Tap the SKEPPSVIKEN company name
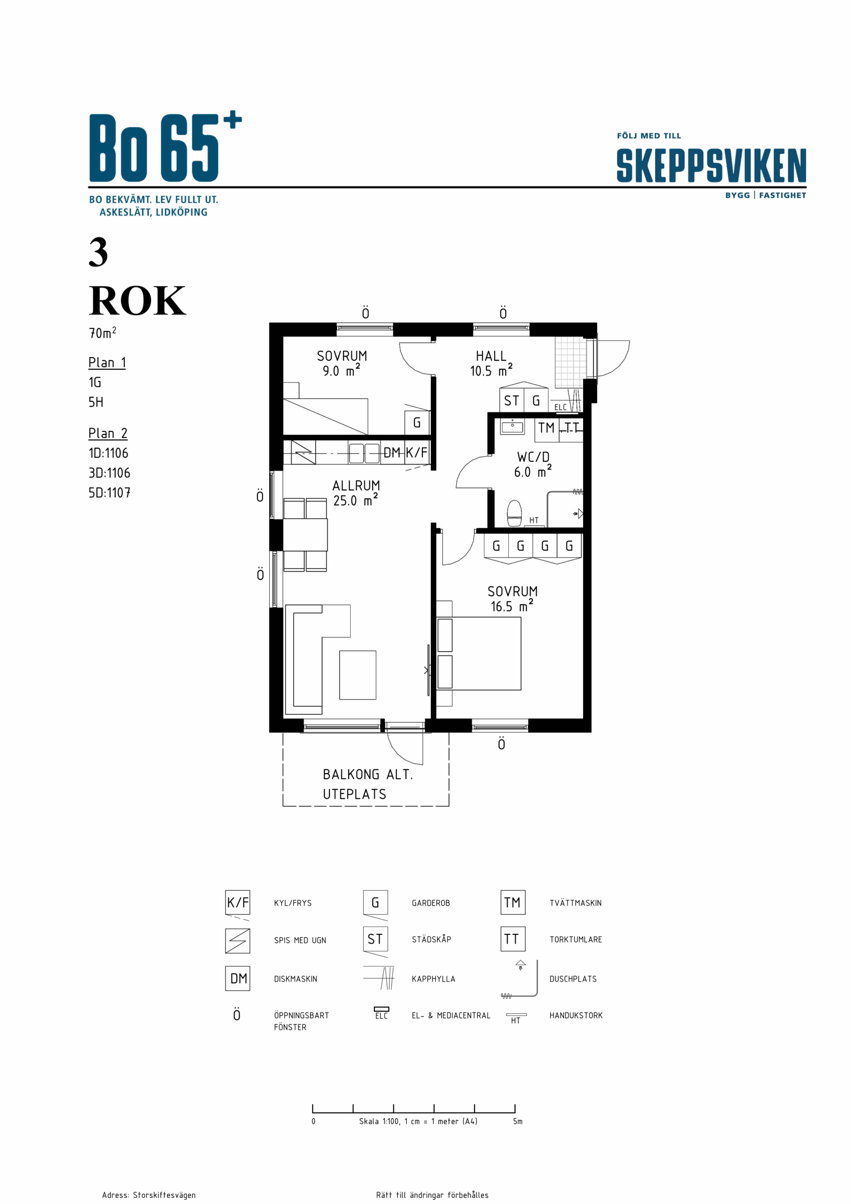[711, 165]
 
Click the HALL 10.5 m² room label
[491, 364]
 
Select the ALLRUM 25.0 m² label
[356, 493]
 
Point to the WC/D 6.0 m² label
[533, 464]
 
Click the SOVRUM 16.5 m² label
[513, 599]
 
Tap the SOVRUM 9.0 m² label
[342, 364]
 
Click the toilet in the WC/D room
[515, 513]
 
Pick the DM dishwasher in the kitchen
[391, 452]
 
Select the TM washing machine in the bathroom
[546, 428]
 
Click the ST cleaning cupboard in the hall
[511, 401]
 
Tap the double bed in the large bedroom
[479, 653]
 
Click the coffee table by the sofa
[358, 675]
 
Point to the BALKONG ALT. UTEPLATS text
[368, 784]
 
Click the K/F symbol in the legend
[237, 903]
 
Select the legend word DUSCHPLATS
[573, 979]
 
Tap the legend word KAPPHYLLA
[433, 979]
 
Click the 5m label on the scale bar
[518, 1121]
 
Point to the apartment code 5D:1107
[109, 492]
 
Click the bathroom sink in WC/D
[513, 427]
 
